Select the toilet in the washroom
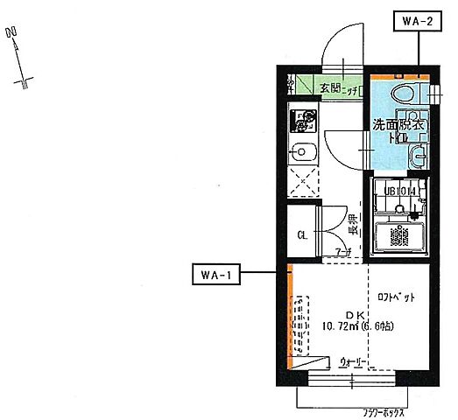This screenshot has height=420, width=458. (405, 94)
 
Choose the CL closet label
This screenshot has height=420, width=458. (301, 234)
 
